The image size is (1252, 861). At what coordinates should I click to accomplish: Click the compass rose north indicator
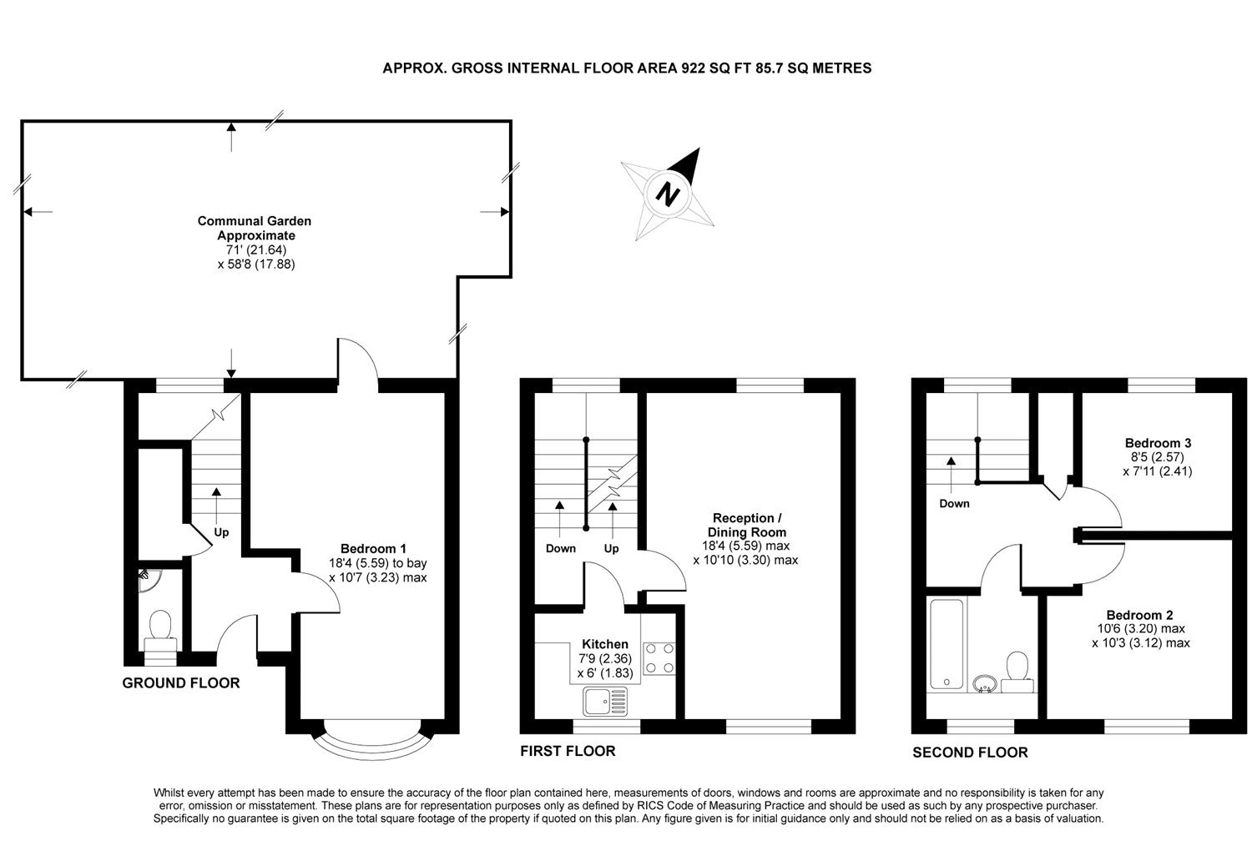(x=668, y=194)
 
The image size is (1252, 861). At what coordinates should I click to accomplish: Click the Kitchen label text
(x=604, y=644)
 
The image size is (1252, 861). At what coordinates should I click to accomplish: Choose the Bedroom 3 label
(x=1157, y=443)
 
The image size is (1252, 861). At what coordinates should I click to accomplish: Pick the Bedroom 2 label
(x=1140, y=614)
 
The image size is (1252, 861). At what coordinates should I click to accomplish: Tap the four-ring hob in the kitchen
(x=660, y=657)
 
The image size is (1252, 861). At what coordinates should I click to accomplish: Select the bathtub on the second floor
(x=947, y=644)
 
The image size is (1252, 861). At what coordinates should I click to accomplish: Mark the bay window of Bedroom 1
(x=372, y=739)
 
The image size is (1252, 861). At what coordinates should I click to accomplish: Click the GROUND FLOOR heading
(x=180, y=683)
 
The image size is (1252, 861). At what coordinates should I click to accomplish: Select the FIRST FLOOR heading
(x=568, y=751)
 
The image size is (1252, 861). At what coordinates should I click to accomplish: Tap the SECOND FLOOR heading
(x=970, y=753)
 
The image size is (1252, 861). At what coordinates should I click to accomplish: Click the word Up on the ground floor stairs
(x=221, y=532)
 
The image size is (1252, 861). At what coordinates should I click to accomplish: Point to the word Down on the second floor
(x=954, y=504)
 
